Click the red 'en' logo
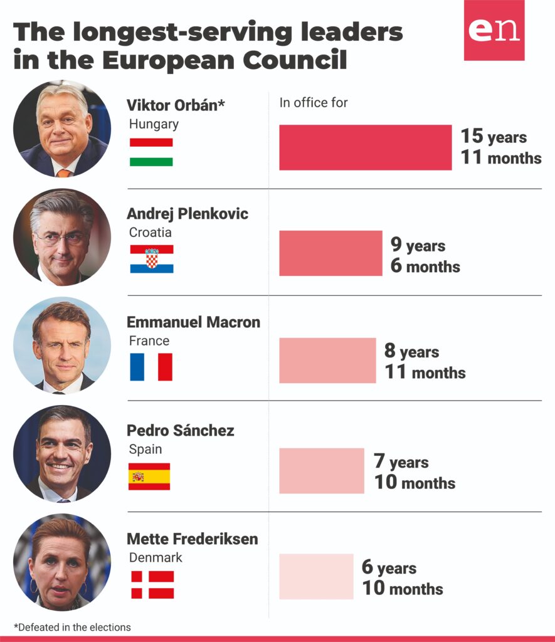click(494, 30)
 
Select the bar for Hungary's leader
click(365, 147)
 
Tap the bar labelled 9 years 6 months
click(330, 253)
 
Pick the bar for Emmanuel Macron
click(327, 360)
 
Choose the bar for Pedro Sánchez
click(321, 470)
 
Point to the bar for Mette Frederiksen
click(316, 576)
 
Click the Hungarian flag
click(151, 152)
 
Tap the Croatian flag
click(152, 259)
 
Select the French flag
click(151, 367)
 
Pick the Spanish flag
click(149, 476)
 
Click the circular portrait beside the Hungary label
click(62, 129)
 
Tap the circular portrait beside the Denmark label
click(62, 562)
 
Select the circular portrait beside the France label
click(62, 345)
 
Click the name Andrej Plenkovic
click(188, 214)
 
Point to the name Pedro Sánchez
click(181, 431)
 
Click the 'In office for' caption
click(314, 103)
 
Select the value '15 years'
click(494, 137)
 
